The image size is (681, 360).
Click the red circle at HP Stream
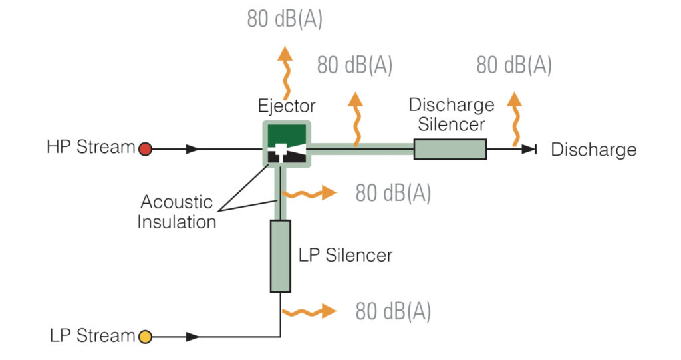[x=145, y=149]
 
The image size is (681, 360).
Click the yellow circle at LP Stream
[x=144, y=337]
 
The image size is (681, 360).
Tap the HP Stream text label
[x=90, y=148]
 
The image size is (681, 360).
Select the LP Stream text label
[x=92, y=336]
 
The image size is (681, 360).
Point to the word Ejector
[x=286, y=106]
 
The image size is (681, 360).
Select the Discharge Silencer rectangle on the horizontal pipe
[x=450, y=149]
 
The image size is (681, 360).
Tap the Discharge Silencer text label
[x=451, y=114]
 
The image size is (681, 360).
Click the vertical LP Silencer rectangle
[x=280, y=256]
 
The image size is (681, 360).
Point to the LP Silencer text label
[x=345, y=255]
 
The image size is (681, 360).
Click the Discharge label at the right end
[x=593, y=150]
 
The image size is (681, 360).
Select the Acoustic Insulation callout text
[x=176, y=212]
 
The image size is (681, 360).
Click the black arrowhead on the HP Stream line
[x=192, y=149]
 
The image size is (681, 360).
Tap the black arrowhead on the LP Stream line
[x=192, y=337]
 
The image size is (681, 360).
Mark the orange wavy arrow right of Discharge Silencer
[x=513, y=118]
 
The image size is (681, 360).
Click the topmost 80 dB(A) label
[x=285, y=19]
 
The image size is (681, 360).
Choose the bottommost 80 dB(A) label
[x=393, y=311]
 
